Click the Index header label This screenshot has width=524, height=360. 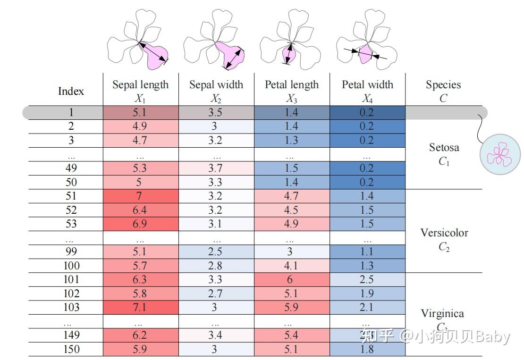[x=71, y=91]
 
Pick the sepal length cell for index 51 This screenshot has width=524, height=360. [x=141, y=196]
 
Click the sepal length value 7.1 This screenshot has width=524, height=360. [x=139, y=307]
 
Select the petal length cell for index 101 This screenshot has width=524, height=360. [x=292, y=279]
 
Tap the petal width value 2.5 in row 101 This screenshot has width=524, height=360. [x=367, y=279]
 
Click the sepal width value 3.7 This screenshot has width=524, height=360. [x=215, y=168]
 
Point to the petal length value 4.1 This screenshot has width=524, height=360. [x=291, y=266]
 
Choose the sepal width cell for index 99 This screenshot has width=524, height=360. [x=216, y=251]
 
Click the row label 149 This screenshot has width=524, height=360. [x=71, y=335]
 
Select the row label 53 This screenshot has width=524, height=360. [x=71, y=224]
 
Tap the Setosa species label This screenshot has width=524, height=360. [x=444, y=147]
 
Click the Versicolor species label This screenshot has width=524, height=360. [x=444, y=233]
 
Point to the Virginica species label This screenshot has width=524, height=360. [x=442, y=313]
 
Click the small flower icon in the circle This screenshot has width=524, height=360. [x=500, y=154]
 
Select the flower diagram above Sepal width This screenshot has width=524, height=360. [x=214, y=40]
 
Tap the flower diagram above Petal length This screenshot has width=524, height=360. [x=290, y=40]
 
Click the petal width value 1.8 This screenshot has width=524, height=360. [x=367, y=349]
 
